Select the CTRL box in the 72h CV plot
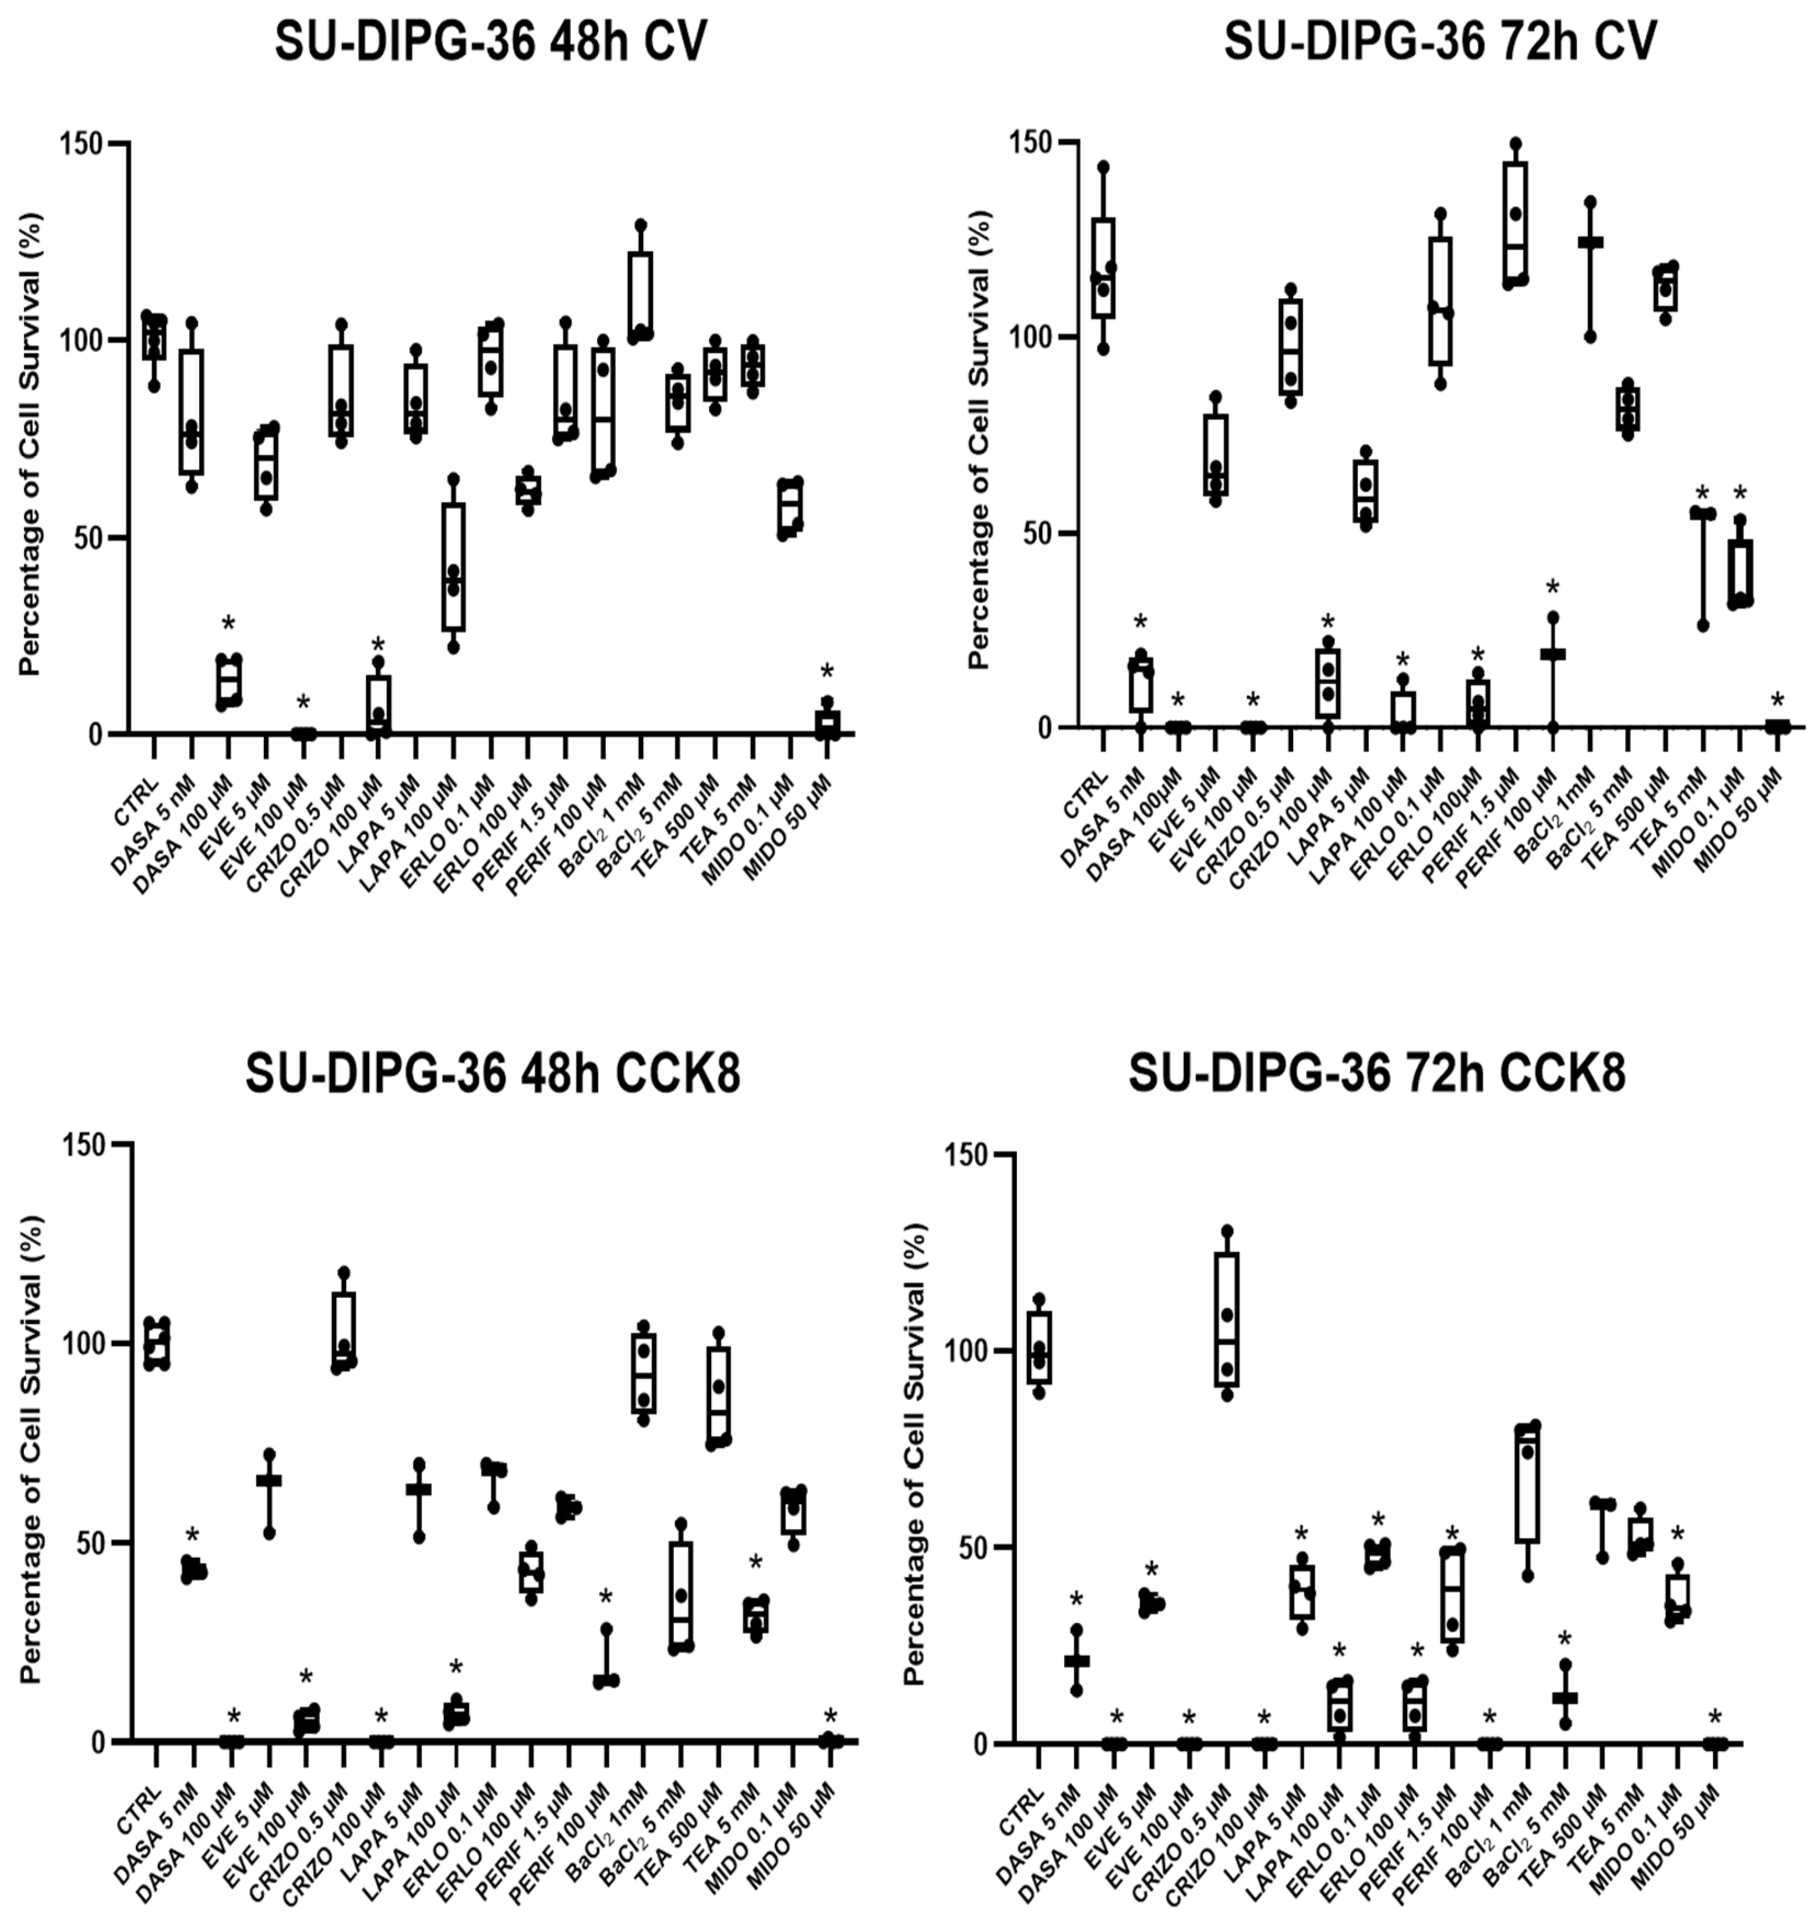(x=1103, y=267)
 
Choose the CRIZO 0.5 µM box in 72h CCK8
(x=1227, y=1319)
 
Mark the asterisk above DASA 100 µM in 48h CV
(x=229, y=623)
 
